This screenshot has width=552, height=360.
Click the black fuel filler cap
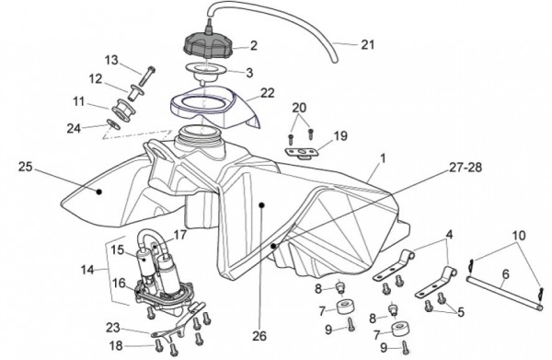(207, 45)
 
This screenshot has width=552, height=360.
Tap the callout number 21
(367, 45)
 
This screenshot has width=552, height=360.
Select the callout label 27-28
(465, 168)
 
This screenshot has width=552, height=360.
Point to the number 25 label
(25, 167)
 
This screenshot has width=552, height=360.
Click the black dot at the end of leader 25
(99, 192)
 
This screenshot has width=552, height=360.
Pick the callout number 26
(259, 336)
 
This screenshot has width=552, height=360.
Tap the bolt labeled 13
(147, 75)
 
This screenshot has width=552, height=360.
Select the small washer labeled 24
(113, 124)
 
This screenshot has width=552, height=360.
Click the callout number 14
(87, 270)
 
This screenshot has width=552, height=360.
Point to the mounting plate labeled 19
(302, 153)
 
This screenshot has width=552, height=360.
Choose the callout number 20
(299, 108)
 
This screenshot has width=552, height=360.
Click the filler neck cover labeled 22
(216, 106)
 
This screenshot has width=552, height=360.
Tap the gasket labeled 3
(204, 72)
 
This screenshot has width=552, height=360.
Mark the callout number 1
(383, 158)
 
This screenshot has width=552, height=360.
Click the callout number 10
(519, 236)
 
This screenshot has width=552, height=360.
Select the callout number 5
(461, 312)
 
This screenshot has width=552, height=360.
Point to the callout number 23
(113, 328)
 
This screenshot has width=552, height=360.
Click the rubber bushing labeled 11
(124, 110)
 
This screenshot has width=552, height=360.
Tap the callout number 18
(116, 346)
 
